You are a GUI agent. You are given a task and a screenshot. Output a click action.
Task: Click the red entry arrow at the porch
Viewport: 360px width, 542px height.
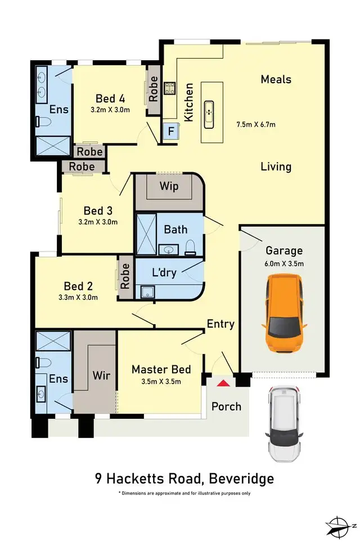tap(223, 383)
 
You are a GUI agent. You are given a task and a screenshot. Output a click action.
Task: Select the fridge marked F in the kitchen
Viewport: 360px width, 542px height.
tap(170, 132)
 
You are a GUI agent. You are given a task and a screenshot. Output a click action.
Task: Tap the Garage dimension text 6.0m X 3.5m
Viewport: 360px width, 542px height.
tap(284, 263)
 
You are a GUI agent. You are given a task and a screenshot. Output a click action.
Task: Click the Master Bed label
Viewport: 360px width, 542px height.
tap(161, 370)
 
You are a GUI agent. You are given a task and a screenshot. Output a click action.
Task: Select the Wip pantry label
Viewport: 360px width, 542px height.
tap(169, 186)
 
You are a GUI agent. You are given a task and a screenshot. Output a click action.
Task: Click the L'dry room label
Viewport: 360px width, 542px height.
tap(165, 273)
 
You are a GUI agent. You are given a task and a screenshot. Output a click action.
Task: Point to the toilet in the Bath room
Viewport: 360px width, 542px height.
tap(190, 246)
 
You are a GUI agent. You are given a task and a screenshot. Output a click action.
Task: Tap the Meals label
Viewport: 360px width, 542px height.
tap(276, 79)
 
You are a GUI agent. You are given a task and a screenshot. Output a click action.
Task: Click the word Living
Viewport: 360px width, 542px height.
tap(276, 167)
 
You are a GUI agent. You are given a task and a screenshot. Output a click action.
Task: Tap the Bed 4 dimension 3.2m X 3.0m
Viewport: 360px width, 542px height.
tap(110, 110)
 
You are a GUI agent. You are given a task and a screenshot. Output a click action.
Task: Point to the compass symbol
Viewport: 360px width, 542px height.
tap(341, 525)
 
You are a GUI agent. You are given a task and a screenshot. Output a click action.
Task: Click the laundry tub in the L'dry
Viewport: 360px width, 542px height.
tap(148, 292)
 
